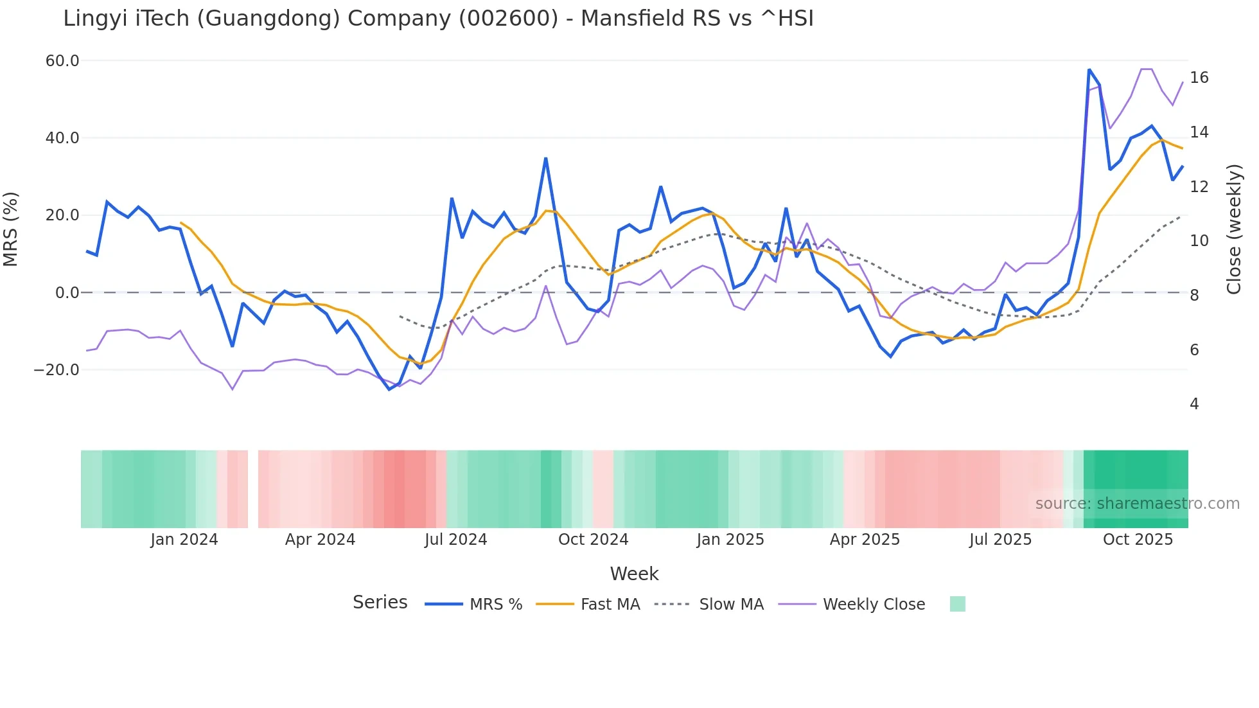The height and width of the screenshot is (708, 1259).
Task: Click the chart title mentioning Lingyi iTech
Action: click(x=438, y=19)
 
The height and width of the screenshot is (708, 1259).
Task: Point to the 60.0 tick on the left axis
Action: click(x=62, y=61)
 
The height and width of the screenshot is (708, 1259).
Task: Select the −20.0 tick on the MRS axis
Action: click(x=57, y=370)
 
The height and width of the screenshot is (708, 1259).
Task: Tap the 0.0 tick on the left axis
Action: click(x=67, y=293)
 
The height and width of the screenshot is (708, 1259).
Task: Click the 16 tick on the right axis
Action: click(x=1199, y=78)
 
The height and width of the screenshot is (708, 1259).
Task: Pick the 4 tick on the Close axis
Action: click(x=1194, y=404)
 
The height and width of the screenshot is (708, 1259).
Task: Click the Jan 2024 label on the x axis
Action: click(x=184, y=540)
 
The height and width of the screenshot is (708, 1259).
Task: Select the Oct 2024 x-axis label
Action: click(x=593, y=540)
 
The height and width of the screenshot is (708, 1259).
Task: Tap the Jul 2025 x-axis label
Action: click(x=1000, y=540)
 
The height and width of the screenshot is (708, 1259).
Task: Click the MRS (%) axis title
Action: click(x=11, y=229)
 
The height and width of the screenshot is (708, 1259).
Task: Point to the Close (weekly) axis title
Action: click(x=1233, y=229)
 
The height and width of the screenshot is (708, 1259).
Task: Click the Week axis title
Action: click(x=634, y=574)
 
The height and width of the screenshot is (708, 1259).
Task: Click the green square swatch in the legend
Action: click(x=957, y=604)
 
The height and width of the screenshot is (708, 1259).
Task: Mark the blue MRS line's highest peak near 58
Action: click(x=1089, y=69)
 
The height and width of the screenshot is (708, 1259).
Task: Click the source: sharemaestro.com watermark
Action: click(x=1137, y=504)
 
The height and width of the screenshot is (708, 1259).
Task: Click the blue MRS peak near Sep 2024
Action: click(x=545, y=158)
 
